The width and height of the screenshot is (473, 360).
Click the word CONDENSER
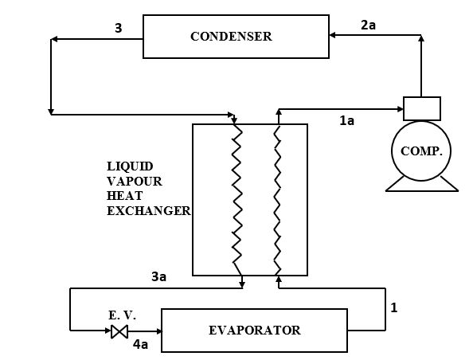(x=231, y=36)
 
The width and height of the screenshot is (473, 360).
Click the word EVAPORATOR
(x=255, y=330)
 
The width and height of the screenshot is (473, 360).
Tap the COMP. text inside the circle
(x=421, y=151)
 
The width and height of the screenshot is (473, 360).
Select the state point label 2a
(x=369, y=25)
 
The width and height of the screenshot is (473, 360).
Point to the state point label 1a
(x=346, y=121)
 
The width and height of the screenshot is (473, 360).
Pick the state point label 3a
(x=158, y=276)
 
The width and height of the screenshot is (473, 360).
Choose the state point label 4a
(x=141, y=344)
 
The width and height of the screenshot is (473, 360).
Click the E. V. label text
(x=122, y=315)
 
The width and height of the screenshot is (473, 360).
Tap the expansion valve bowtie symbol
(x=119, y=331)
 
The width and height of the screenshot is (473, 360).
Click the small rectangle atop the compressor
(x=422, y=108)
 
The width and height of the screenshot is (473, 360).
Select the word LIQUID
(x=130, y=166)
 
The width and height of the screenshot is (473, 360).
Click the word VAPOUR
(x=135, y=182)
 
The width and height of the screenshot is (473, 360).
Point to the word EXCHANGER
(x=149, y=210)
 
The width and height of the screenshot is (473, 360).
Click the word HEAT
(x=124, y=196)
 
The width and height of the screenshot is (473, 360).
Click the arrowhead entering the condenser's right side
(x=332, y=35)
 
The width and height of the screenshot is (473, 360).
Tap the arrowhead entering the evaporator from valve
(x=158, y=331)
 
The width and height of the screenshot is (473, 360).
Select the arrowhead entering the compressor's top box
(x=401, y=109)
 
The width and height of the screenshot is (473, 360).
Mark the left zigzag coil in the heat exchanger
(x=237, y=200)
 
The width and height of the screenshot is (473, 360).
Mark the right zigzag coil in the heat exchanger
(x=278, y=200)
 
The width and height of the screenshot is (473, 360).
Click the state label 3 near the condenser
(x=119, y=28)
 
